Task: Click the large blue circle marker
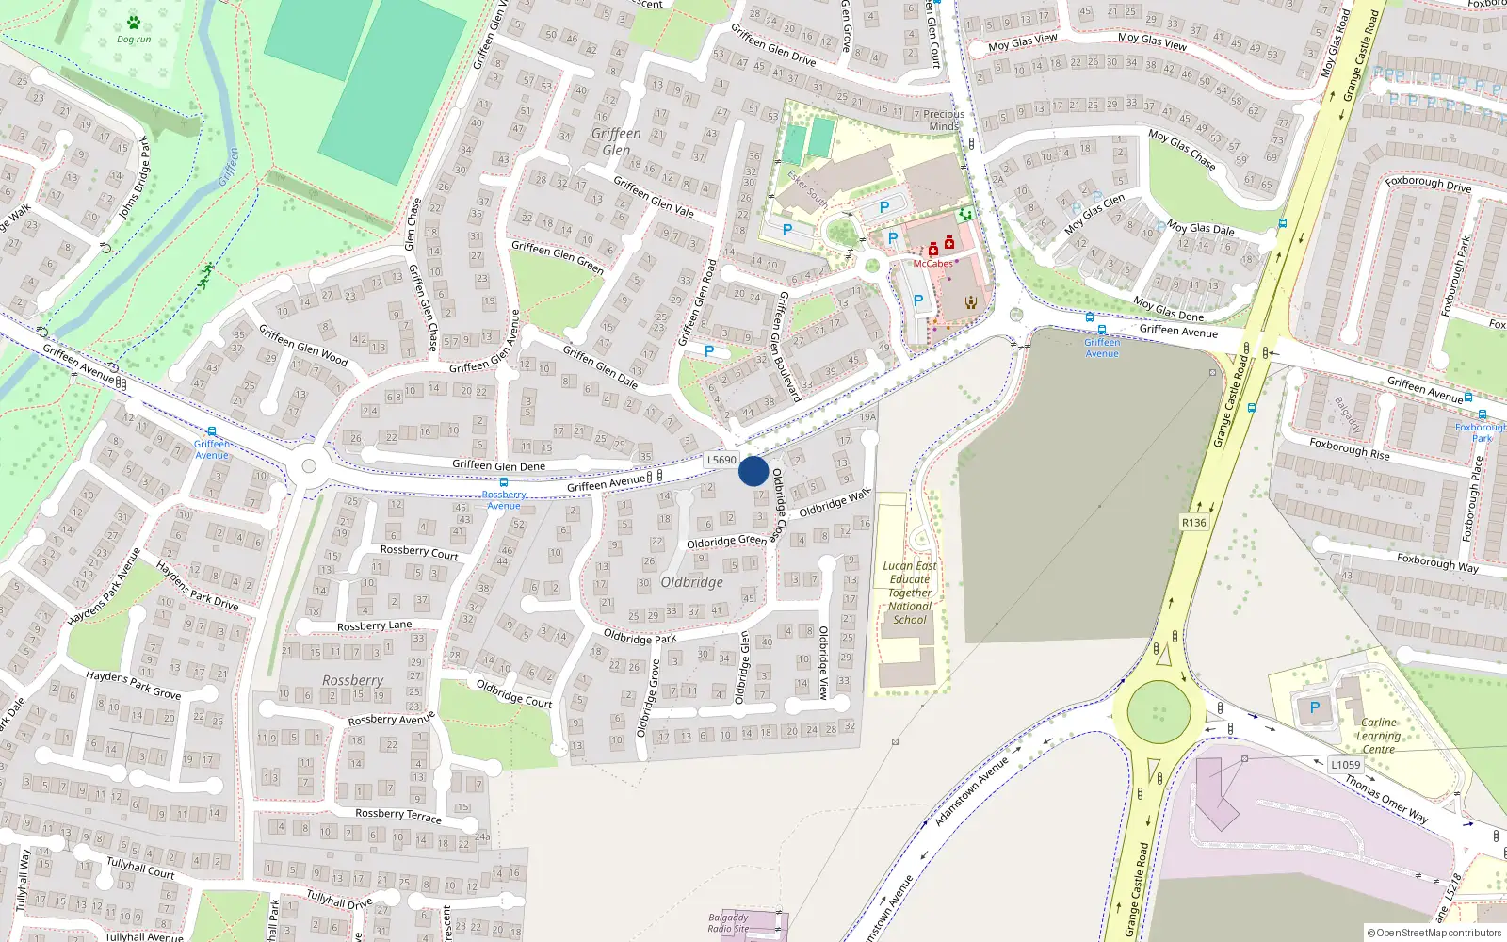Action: [x=753, y=471]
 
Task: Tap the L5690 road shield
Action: [x=721, y=460]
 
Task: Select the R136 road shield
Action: [x=1193, y=523]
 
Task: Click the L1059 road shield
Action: [x=1346, y=765]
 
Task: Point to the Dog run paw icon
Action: [x=134, y=23]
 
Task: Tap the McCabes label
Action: [x=932, y=264]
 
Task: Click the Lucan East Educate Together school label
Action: [x=910, y=593]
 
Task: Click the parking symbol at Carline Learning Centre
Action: [x=1315, y=707]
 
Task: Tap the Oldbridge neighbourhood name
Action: [x=692, y=582]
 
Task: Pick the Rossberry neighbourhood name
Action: [x=352, y=680]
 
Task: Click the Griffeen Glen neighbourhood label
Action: [x=616, y=141]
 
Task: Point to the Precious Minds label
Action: [x=943, y=120]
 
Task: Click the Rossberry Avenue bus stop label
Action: [x=504, y=500]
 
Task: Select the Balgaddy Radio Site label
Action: [x=728, y=922]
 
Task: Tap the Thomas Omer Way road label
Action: [x=1385, y=799]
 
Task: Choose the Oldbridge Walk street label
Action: [x=835, y=503]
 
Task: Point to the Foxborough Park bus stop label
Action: [x=1481, y=432]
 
